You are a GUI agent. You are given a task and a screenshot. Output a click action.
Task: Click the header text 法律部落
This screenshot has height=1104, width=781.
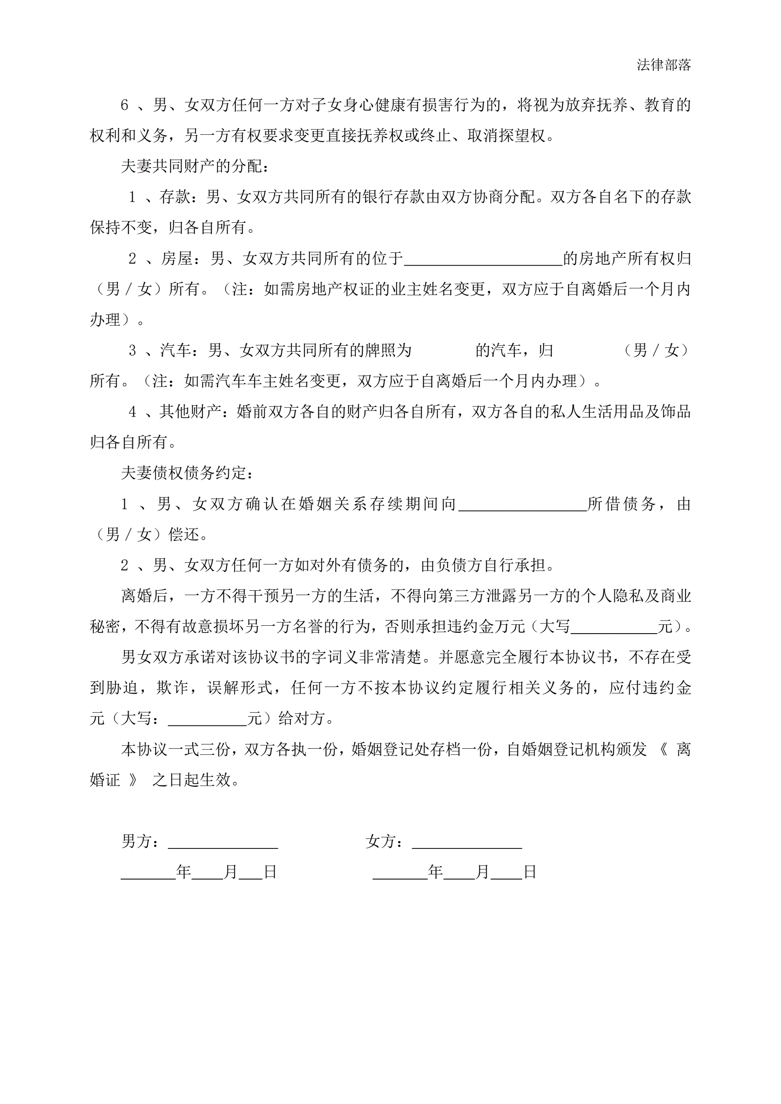pos(664,65)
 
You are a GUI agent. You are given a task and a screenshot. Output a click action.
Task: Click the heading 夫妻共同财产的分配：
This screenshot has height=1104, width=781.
pos(195,166)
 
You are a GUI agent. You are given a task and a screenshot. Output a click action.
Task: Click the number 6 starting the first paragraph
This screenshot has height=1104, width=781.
pos(125,105)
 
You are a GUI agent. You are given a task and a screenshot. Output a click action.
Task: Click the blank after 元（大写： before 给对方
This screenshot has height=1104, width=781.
pos(207,719)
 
